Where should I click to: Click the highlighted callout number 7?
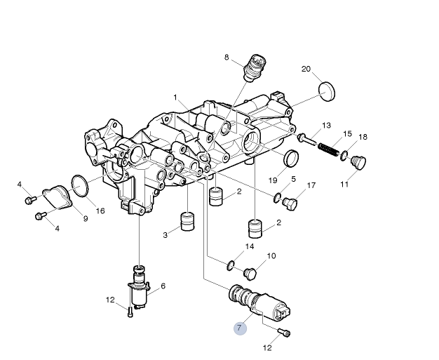pyautogui.click(x=241, y=328)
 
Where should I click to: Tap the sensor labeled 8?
pyautogui.click(x=255, y=67)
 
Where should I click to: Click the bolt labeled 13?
pyautogui.click(x=308, y=139)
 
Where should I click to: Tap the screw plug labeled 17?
pyautogui.click(x=291, y=204)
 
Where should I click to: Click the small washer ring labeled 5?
pyautogui.click(x=278, y=196)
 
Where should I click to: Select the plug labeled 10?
pyautogui.click(x=250, y=272)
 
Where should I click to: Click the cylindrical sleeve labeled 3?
pyautogui.click(x=187, y=221)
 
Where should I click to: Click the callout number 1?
pyautogui.click(x=175, y=97)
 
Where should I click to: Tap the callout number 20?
pyautogui.click(x=306, y=69)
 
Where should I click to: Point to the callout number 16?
pyautogui.click(x=100, y=211)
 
